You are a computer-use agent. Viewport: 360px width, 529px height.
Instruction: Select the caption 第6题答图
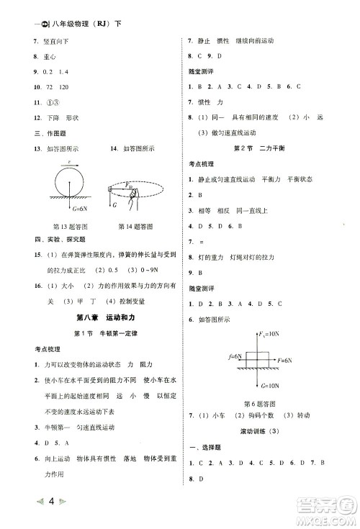pyautogui.click(x=260, y=404)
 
